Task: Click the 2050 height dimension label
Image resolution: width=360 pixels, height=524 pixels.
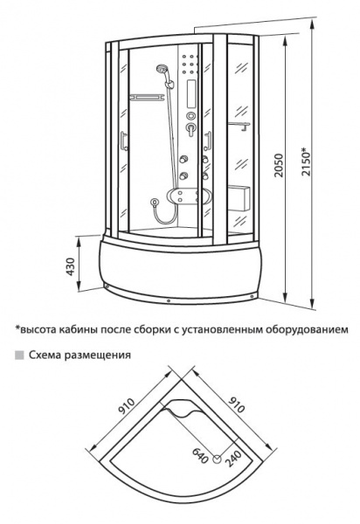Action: pos(278,166)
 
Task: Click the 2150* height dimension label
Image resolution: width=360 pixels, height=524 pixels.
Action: pos(306,162)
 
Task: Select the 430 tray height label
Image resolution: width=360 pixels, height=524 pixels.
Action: pos(71,266)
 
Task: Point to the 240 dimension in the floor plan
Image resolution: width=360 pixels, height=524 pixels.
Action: pos(233,458)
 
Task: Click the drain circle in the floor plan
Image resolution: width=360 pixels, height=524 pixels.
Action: pos(217,460)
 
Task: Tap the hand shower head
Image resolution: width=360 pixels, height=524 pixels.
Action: pos(162,69)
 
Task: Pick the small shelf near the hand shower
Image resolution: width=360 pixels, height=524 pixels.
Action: pos(147,97)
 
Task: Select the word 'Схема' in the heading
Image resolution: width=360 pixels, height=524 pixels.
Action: pos(45,355)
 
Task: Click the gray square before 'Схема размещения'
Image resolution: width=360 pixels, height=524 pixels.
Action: pos(19,355)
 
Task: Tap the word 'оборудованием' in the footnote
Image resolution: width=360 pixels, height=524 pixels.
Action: pos(308,329)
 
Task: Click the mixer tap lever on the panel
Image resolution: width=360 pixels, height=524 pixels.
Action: pos(190,129)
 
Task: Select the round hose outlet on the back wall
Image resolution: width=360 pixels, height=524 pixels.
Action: pos(155,202)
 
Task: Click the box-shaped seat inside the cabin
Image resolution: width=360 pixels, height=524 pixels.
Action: pos(239,198)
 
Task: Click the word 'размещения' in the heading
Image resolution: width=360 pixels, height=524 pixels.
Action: pos(97,355)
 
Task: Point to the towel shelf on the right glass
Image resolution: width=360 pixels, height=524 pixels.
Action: pos(239,126)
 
